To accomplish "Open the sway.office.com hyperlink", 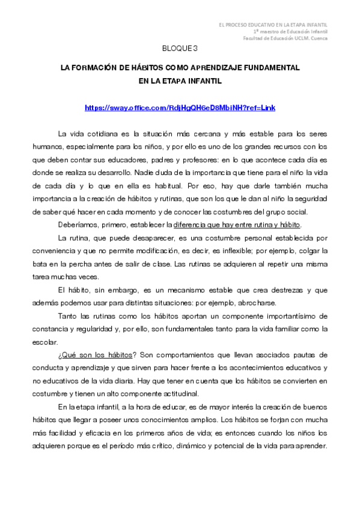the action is [x=180, y=108].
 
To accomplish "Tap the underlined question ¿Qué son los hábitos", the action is [x=87, y=355].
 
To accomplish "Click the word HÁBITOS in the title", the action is [x=145, y=69].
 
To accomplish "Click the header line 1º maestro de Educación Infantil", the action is [x=290, y=31].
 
